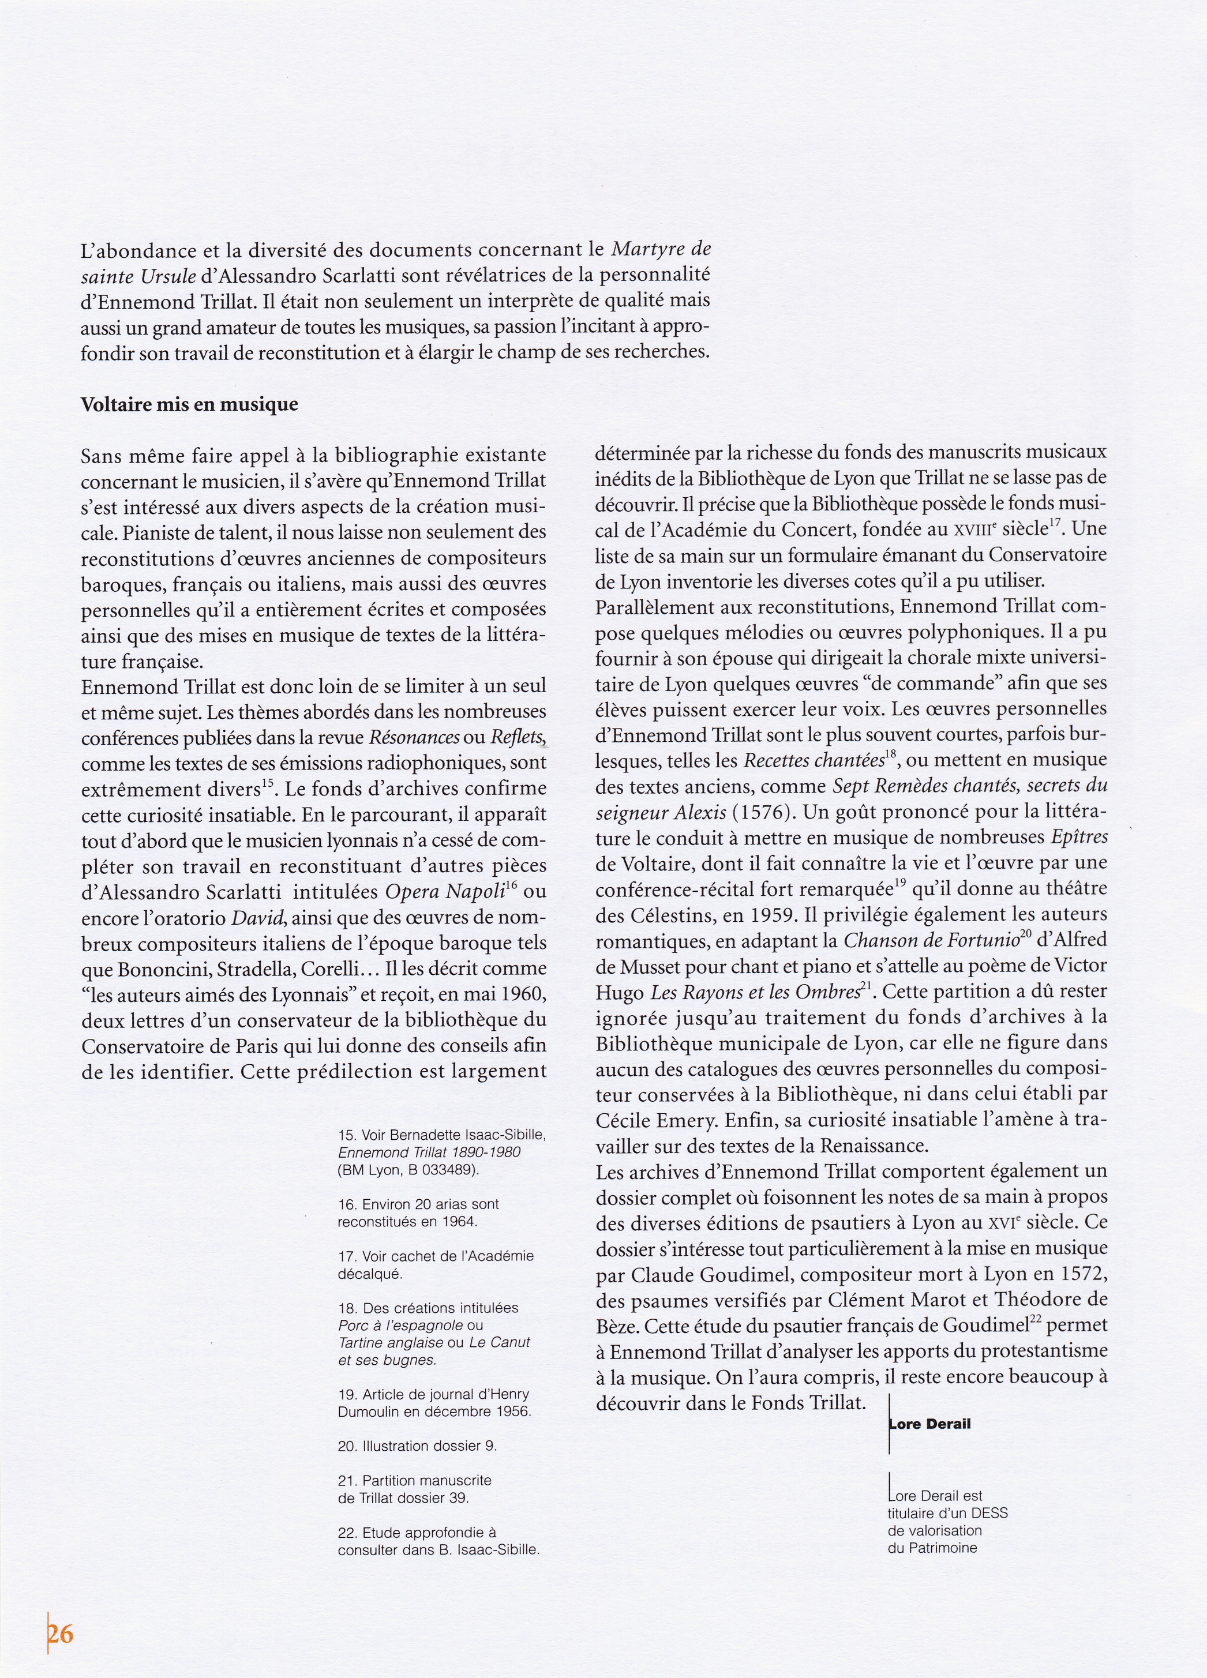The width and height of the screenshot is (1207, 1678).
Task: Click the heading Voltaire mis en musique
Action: click(189, 405)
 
